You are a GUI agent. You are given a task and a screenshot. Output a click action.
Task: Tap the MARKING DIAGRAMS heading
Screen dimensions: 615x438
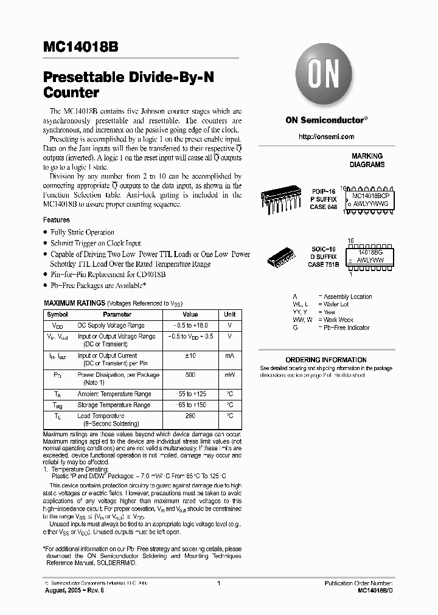(366, 160)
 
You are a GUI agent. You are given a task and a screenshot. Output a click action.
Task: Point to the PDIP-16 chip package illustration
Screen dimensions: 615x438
(282, 199)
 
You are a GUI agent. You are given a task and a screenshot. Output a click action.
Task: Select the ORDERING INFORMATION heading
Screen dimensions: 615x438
(325, 360)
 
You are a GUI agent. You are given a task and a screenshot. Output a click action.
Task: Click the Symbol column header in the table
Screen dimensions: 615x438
(58, 314)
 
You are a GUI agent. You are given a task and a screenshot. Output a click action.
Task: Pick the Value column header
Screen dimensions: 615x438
(190, 314)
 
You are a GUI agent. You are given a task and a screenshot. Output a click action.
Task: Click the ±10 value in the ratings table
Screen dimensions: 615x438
(190, 356)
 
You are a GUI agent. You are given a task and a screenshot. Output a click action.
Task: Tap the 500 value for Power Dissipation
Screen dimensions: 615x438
(190, 375)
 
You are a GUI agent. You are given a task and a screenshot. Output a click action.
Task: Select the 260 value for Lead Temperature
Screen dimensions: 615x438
(190, 416)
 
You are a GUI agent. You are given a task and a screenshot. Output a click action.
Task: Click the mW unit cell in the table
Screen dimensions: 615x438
(229, 375)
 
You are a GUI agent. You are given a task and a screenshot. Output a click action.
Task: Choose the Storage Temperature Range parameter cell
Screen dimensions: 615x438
(114, 405)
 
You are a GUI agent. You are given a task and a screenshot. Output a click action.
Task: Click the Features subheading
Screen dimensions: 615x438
(56, 219)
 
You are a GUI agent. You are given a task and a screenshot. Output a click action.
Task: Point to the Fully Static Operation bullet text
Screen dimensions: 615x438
(82, 232)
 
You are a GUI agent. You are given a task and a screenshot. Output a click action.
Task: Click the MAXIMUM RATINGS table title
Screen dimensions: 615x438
(74, 303)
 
